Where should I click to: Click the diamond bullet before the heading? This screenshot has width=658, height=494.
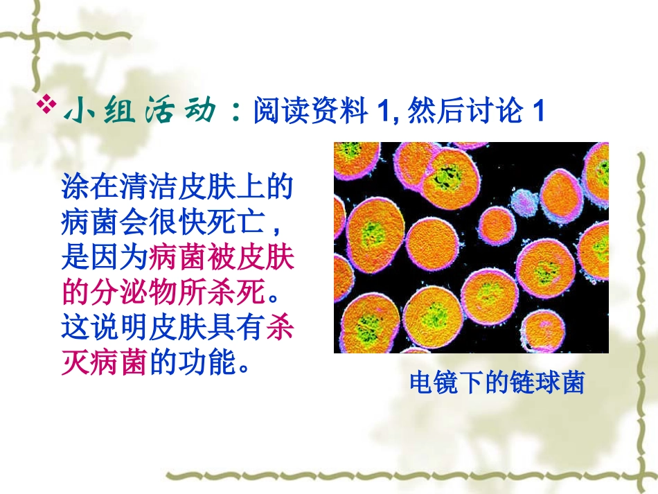point(48,105)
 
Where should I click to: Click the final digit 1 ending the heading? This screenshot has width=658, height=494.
point(537,112)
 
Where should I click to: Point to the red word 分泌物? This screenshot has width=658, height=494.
point(134,293)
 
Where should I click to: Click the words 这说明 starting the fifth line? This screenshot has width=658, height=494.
point(105,328)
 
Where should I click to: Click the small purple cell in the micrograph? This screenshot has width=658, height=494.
point(524,201)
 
